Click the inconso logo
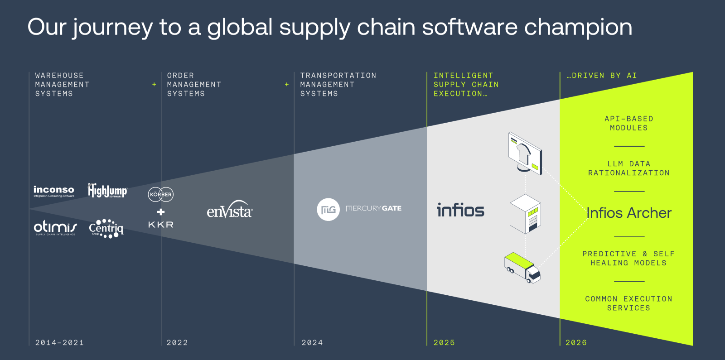click(x=54, y=191)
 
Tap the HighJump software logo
click(x=107, y=190)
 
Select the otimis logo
click(x=55, y=227)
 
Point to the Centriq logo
click(x=106, y=228)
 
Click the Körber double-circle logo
click(x=161, y=194)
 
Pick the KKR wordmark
click(x=161, y=225)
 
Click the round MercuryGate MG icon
click(x=328, y=209)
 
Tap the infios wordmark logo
click(x=460, y=210)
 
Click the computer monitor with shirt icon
click(x=525, y=152)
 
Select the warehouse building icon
click(x=525, y=214)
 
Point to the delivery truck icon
click(x=522, y=268)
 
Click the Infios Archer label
click(x=629, y=213)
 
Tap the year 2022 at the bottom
click(x=177, y=343)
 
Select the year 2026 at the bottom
click(x=576, y=343)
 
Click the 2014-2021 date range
click(x=59, y=343)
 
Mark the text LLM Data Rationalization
click(x=628, y=168)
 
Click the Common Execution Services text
click(x=628, y=303)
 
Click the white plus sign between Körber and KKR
click(x=161, y=211)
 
